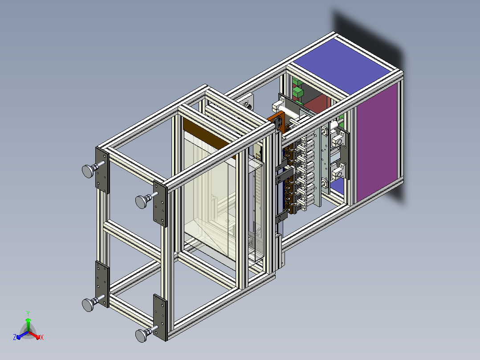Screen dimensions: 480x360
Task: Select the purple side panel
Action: pos(377,143)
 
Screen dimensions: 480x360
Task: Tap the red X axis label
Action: pos(42,337)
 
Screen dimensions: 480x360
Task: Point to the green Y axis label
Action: pos(28,314)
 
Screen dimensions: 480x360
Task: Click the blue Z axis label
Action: pos(15,337)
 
